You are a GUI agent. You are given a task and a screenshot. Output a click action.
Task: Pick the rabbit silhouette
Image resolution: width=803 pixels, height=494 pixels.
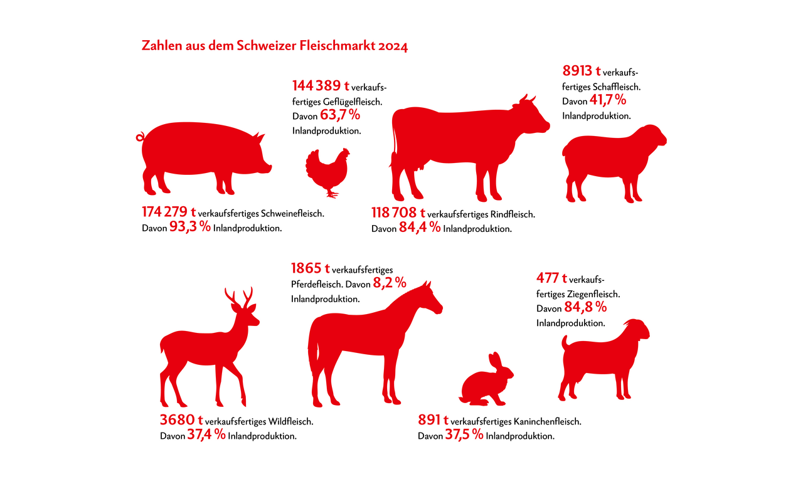pos(487,381)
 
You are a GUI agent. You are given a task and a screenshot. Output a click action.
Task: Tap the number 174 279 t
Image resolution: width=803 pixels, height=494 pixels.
pos(169,213)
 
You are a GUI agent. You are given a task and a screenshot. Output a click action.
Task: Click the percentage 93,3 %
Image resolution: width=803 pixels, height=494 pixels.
pos(190,227)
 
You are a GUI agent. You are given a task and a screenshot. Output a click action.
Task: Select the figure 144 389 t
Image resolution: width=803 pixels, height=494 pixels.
pos(321,85)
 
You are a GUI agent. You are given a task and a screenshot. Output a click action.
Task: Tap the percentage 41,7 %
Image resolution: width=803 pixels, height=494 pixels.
pos(608,100)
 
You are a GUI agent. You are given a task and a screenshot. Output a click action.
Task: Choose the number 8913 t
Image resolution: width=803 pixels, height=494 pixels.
pos(581,70)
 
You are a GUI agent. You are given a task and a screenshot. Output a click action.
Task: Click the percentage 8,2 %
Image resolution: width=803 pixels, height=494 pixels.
pos(390,283)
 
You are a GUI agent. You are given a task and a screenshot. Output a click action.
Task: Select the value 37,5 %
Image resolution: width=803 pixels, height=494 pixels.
pos(464,435)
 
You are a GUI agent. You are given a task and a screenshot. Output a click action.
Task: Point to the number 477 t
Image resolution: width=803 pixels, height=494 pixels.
pos(551,278)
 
